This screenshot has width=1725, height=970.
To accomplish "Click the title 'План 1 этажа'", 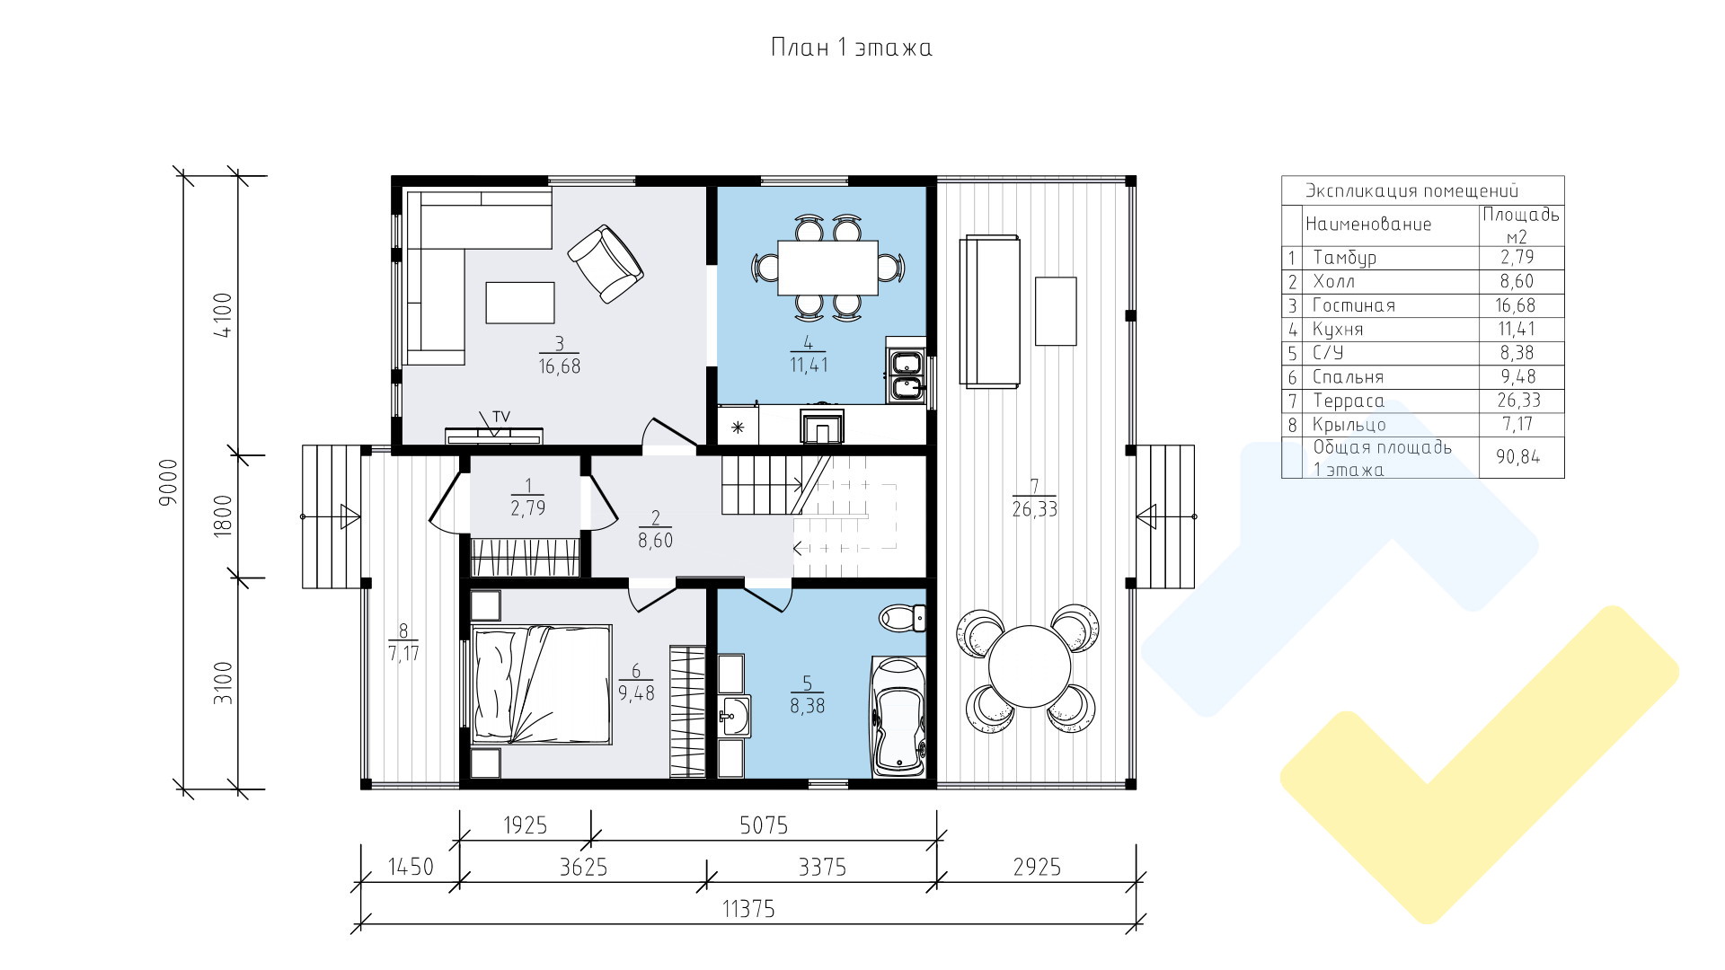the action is point(851,47).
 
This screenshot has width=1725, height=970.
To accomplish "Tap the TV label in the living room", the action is point(500,416).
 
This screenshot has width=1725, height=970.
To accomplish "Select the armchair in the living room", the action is point(606,264).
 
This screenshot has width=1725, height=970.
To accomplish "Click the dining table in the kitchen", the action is point(827,268).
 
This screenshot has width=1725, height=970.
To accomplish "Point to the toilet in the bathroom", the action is point(902,617).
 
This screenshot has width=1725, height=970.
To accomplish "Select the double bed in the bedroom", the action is point(539,685).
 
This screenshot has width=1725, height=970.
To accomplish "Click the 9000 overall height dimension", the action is point(169,483).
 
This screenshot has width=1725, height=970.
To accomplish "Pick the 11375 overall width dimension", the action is point(748,909).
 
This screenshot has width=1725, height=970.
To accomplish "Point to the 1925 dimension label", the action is point(525,824).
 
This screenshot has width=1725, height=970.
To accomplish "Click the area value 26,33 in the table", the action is point(1517,401).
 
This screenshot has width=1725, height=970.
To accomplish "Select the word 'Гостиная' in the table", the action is point(1354,305).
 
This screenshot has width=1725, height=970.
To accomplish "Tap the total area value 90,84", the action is point(1517,457).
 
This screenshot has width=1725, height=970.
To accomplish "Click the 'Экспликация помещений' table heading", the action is point(1411,190).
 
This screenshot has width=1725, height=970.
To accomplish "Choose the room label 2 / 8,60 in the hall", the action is point(655,529).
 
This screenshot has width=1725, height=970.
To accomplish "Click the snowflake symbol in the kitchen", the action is point(739,428).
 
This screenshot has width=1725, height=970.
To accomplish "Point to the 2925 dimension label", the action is point(1037,867).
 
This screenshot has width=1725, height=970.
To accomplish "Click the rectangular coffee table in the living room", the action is point(520,302).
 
